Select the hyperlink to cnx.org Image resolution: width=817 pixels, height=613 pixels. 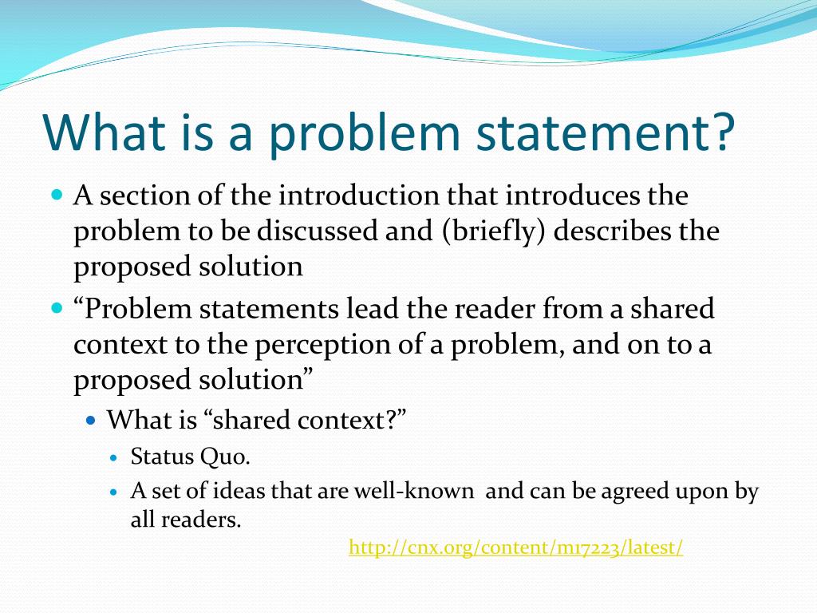[516, 548]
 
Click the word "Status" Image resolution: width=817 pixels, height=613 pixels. [163, 457]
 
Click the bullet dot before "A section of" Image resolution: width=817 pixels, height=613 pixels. [57, 194]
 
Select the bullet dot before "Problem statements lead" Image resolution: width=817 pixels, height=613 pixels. [57, 307]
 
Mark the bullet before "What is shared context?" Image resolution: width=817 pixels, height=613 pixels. [91, 419]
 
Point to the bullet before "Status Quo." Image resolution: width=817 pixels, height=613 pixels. [113, 458]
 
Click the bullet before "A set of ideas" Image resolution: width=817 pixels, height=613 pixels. [113, 492]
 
